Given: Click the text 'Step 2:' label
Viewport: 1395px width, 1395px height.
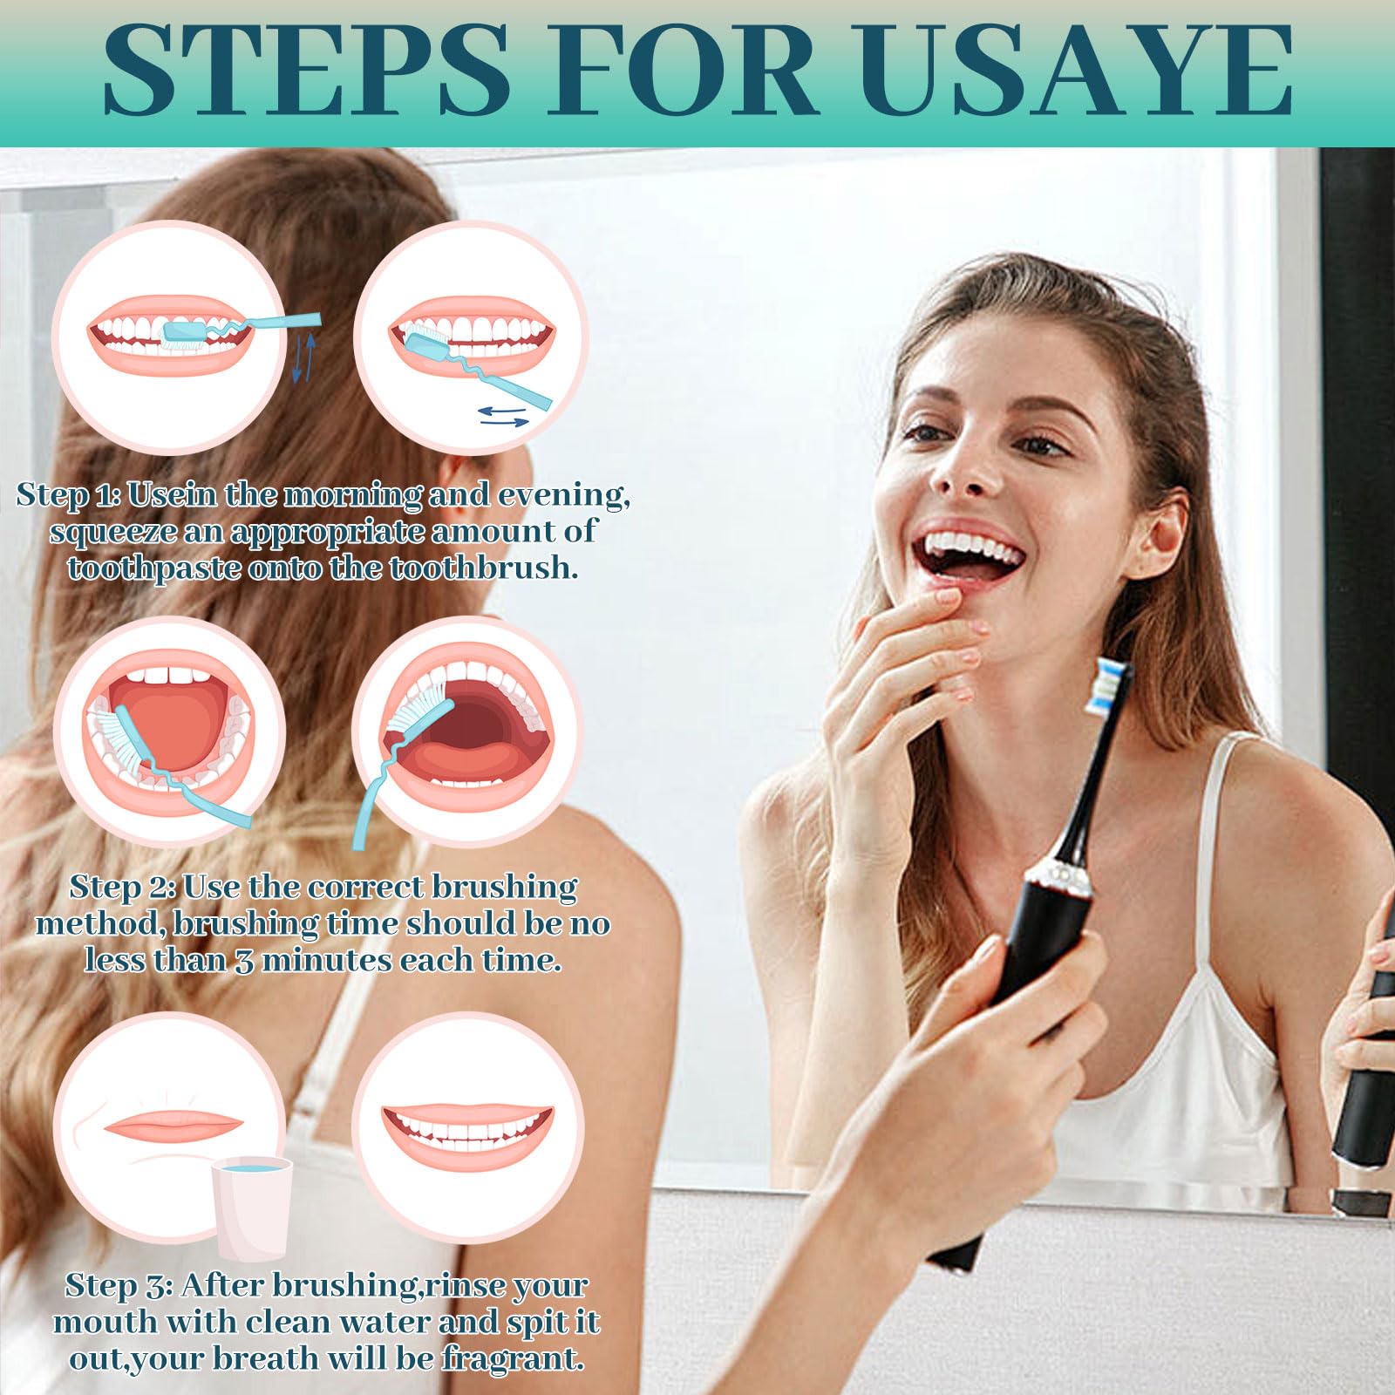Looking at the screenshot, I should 123,888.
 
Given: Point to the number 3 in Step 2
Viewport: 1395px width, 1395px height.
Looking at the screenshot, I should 244,961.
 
